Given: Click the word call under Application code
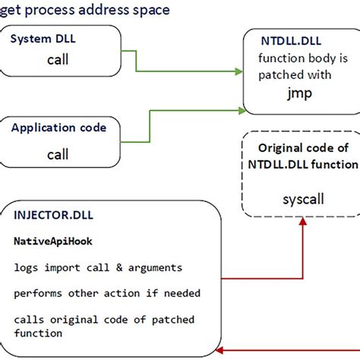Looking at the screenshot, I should (x=58, y=154).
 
